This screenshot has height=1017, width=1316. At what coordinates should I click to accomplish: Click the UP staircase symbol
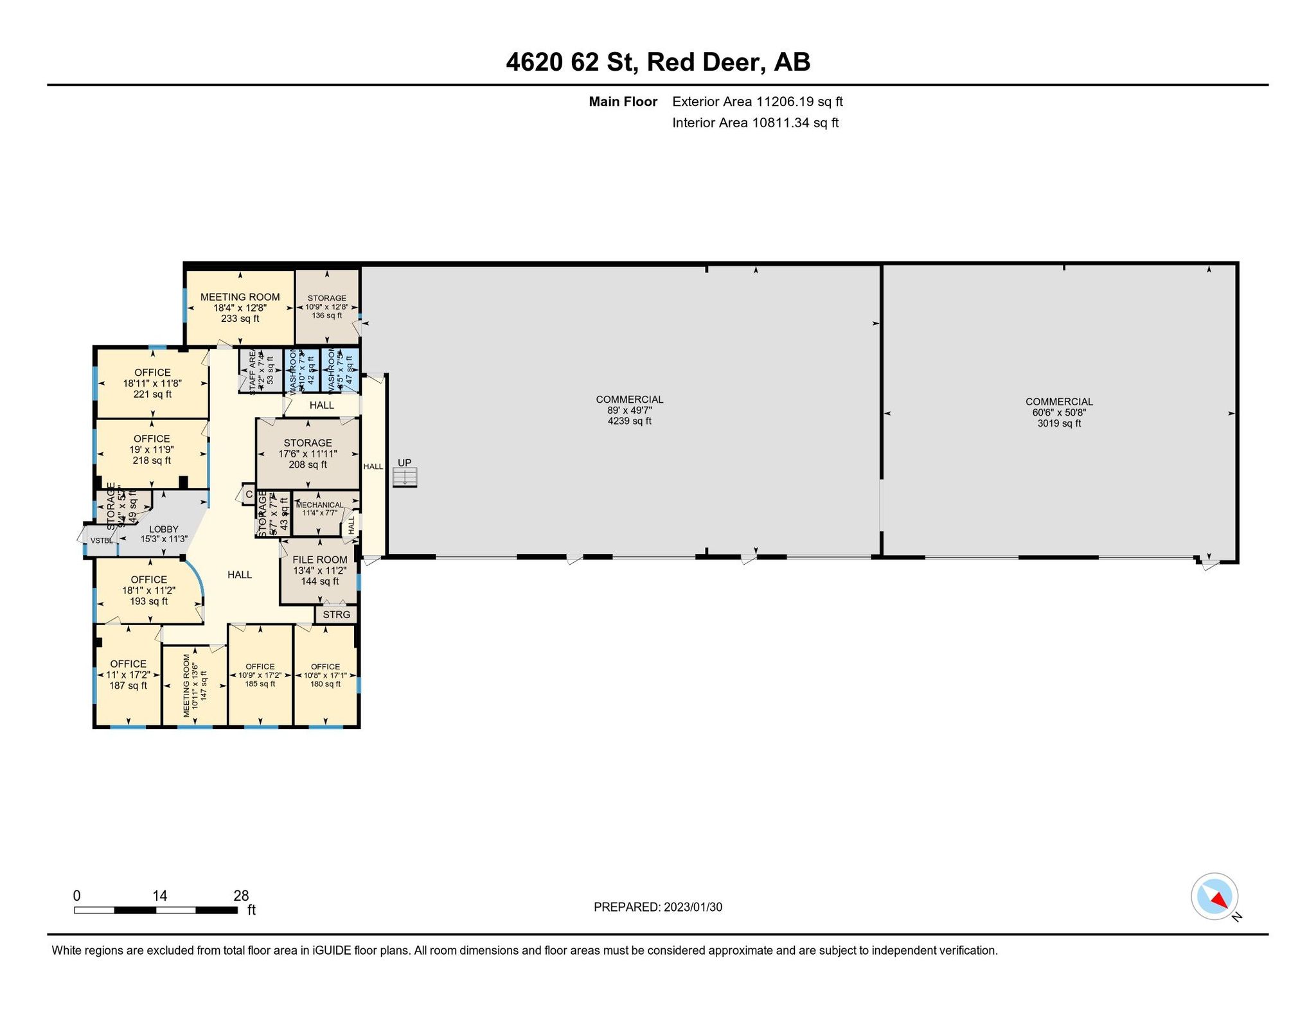click(x=405, y=477)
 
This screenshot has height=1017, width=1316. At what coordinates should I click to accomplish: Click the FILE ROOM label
click(x=319, y=560)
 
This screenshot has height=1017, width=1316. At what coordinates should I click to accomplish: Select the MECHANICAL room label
click(x=319, y=505)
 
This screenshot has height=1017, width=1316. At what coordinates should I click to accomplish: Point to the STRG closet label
click(x=337, y=615)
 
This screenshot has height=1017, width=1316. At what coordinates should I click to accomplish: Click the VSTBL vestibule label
click(x=102, y=540)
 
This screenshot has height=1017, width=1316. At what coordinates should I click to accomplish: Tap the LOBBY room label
click(x=164, y=529)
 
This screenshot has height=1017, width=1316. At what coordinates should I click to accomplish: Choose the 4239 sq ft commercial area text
click(x=629, y=421)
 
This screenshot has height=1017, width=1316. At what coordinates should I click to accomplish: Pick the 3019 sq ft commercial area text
click(x=1059, y=423)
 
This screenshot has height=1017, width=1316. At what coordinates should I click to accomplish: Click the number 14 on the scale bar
click(x=160, y=896)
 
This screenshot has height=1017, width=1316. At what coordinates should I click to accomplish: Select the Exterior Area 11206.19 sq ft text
click(x=757, y=102)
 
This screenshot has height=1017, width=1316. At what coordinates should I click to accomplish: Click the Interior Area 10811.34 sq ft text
click(x=755, y=123)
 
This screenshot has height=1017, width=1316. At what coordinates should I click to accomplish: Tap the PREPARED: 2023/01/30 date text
click(x=657, y=907)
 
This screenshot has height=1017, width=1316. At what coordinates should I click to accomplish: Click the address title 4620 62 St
click(x=657, y=62)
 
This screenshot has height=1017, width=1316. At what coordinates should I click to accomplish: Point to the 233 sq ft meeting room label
click(x=240, y=319)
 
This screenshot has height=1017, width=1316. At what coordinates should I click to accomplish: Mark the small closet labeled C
click(x=249, y=495)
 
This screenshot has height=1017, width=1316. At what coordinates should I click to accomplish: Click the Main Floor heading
click(x=623, y=102)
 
